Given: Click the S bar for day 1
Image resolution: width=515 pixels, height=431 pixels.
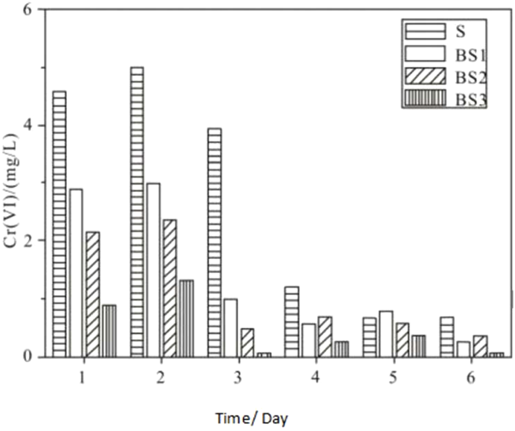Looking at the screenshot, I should coord(60,223).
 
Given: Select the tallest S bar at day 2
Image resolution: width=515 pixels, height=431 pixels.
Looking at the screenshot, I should coord(137,212).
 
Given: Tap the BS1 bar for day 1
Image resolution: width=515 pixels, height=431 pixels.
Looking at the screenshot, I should coord(76,273).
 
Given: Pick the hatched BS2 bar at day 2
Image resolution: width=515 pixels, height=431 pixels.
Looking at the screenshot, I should coord(170,288).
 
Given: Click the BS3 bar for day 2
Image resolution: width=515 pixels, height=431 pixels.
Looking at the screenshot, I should coord(187,318).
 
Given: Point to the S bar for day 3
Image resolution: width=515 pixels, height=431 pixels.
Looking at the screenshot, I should coord(214,242).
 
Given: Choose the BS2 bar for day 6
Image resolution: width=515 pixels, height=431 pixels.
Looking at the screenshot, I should coord(479,346).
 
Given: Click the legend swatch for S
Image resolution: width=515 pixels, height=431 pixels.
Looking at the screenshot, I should coord(424,30).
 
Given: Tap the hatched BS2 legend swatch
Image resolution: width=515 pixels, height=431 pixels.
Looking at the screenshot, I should coord(424,76).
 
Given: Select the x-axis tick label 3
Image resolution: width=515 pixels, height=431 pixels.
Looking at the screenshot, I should coord(237,378).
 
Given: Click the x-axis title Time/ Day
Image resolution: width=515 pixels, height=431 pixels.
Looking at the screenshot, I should coord(252,417).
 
